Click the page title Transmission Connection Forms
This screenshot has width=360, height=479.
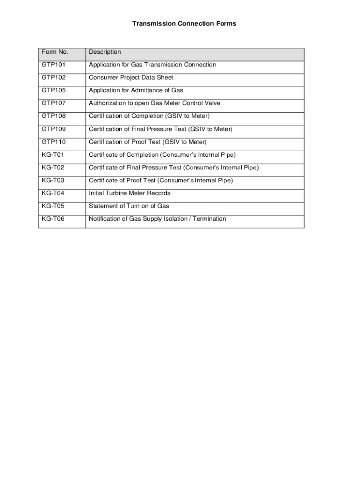[x=184, y=23]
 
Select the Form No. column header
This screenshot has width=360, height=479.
[x=55, y=52]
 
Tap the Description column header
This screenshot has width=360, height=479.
[x=105, y=52]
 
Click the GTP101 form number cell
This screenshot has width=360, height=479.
[x=54, y=65]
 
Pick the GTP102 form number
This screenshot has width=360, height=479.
[x=54, y=78]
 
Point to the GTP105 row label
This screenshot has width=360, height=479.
[x=54, y=90]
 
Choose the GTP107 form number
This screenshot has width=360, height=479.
[x=54, y=103]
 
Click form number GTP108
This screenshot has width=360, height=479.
[x=54, y=116]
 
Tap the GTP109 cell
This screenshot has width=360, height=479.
[x=54, y=129]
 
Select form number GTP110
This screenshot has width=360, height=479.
[x=54, y=142]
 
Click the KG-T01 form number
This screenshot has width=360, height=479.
[x=53, y=155]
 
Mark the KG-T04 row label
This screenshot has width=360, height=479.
[x=53, y=193]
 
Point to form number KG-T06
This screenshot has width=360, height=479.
[x=53, y=219]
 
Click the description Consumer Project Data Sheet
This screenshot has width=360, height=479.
[x=131, y=78]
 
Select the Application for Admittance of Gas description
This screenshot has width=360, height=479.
[x=136, y=90]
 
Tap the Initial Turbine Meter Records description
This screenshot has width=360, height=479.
[x=130, y=193]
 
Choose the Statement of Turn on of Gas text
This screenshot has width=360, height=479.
[x=129, y=206]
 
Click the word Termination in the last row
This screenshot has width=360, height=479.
[x=209, y=219]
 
